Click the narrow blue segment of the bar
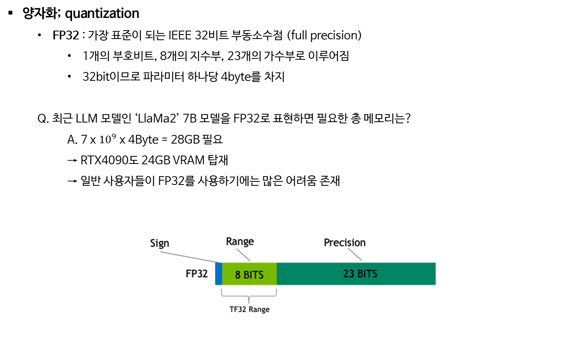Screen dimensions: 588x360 (x=218, y=274)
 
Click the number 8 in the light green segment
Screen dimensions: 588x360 (x=238, y=275)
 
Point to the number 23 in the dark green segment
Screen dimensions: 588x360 (x=349, y=274)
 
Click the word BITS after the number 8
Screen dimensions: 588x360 (x=254, y=275)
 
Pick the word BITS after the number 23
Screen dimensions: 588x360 (x=367, y=274)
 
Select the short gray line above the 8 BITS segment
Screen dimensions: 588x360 (x=243, y=255)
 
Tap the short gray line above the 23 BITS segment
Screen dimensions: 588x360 (x=355, y=254)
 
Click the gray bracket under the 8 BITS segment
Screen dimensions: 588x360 (x=249, y=296)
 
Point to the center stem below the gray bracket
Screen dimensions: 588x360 (x=249, y=301)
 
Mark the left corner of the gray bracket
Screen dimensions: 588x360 (x=222, y=295)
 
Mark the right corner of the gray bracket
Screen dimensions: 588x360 (x=276, y=295)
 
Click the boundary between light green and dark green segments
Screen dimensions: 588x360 (x=277, y=274)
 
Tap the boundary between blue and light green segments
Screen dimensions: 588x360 (x=222, y=274)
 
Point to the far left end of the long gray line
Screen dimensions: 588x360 (x=160, y=252)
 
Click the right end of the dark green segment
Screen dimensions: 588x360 (x=435, y=274)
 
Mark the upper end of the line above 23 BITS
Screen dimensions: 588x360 (x=348, y=248)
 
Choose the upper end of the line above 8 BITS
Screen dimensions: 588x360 (x=236, y=249)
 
